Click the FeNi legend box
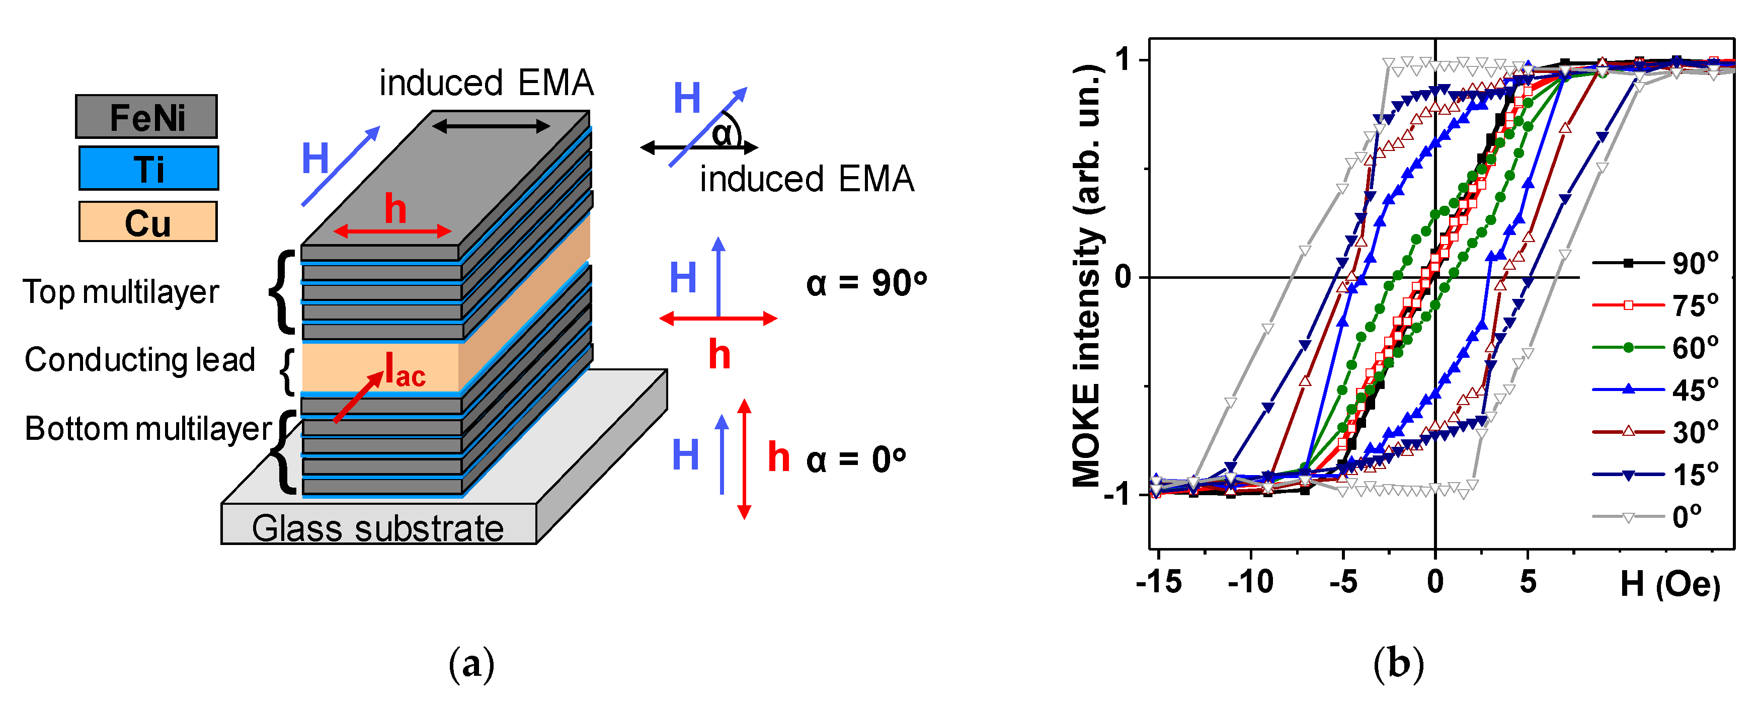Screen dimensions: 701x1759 [x=146, y=117]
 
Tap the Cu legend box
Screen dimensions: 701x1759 [x=147, y=222]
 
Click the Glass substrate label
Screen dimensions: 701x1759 [x=377, y=528]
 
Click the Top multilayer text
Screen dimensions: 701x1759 [x=121, y=292]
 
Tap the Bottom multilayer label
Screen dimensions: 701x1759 [x=148, y=429]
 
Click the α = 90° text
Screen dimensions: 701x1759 [x=866, y=283]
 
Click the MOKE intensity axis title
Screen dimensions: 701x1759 [x=1087, y=276]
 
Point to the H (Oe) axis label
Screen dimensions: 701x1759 [x=1669, y=584]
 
